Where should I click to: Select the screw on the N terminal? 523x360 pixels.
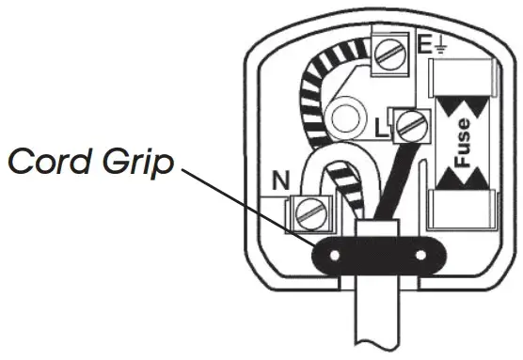click(307, 215)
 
